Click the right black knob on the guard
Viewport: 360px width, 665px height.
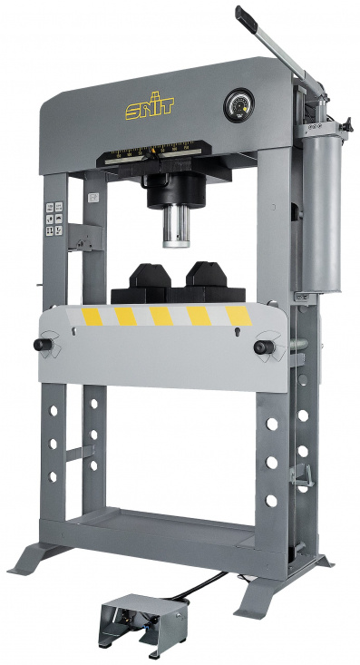(x=263, y=347)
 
